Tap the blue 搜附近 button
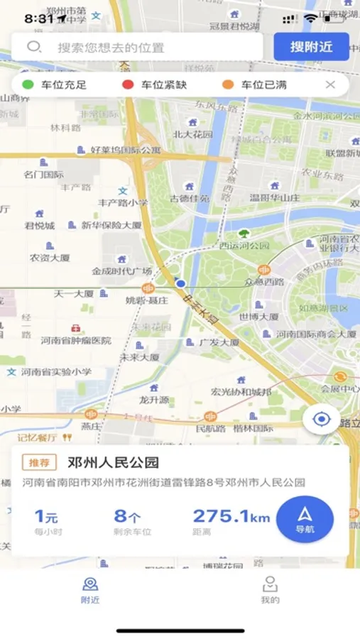311,47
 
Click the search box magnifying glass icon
34,48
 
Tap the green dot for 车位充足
28,85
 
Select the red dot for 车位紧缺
128,85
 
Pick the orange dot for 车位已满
228,85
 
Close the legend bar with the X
330,85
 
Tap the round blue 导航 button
305,519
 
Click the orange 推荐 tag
39,463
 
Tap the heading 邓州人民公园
113,463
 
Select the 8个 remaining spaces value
127,516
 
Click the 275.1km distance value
231,516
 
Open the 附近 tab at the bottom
90,590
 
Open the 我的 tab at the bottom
270,590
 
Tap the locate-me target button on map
322,419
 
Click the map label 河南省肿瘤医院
76,340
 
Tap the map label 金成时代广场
121,271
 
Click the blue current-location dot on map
180,283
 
